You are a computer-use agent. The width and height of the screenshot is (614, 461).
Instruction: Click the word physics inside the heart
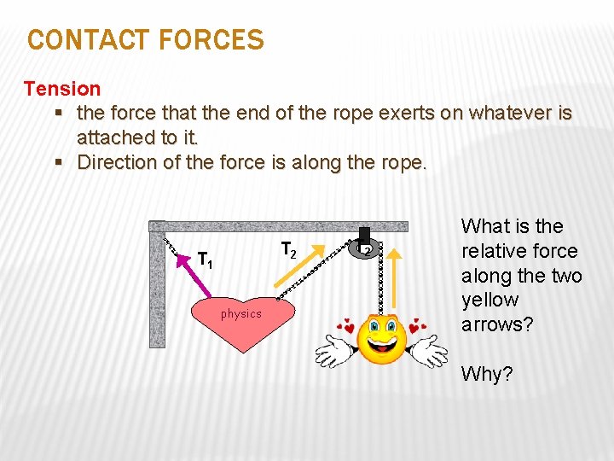[x=241, y=314]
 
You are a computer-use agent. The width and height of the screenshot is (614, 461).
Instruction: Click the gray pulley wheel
[x=365, y=249]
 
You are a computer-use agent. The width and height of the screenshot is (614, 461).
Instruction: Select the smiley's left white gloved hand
[x=333, y=348]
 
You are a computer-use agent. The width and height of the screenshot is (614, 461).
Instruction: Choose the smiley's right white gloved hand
[x=429, y=349]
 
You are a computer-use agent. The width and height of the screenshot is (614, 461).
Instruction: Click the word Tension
[x=62, y=88]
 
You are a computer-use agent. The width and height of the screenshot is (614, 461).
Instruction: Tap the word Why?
[x=487, y=373]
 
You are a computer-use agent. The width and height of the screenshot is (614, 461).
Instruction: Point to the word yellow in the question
[x=489, y=300]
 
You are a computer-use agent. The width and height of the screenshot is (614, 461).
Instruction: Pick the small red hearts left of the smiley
[x=347, y=325]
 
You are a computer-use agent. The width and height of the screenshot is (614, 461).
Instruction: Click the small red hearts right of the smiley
[x=417, y=327]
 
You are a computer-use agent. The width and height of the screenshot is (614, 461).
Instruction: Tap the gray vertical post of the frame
[x=157, y=290]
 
